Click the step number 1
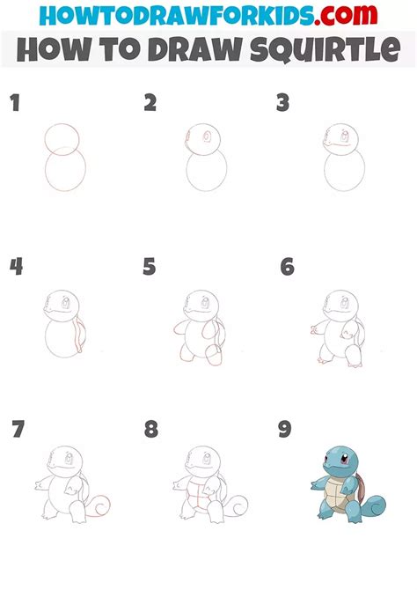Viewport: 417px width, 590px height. (x=14, y=104)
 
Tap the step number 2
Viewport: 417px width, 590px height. (x=150, y=104)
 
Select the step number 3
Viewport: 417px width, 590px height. (x=282, y=104)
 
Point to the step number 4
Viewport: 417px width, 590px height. (x=15, y=267)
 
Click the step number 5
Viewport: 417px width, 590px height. (x=150, y=267)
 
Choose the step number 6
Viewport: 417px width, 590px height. (x=287, y=267)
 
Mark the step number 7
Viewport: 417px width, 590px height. (x=18, y=430)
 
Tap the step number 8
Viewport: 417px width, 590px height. (x=151, y=430)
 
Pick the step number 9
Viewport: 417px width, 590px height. (x=286, y=430)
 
